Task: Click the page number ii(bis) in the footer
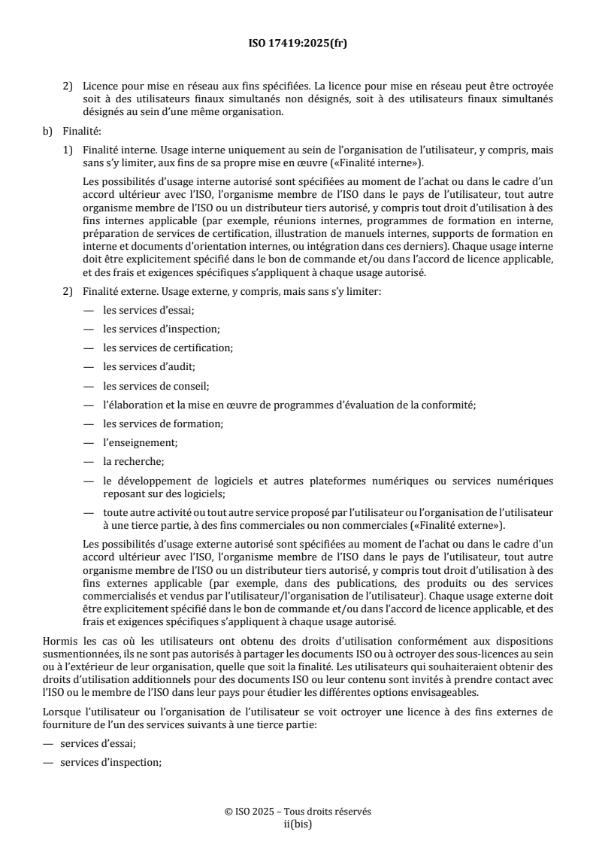coord(298,823)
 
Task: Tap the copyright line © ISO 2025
coord(298,812)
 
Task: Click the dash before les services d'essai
coord(88,309)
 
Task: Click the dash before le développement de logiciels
coord(88,481)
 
